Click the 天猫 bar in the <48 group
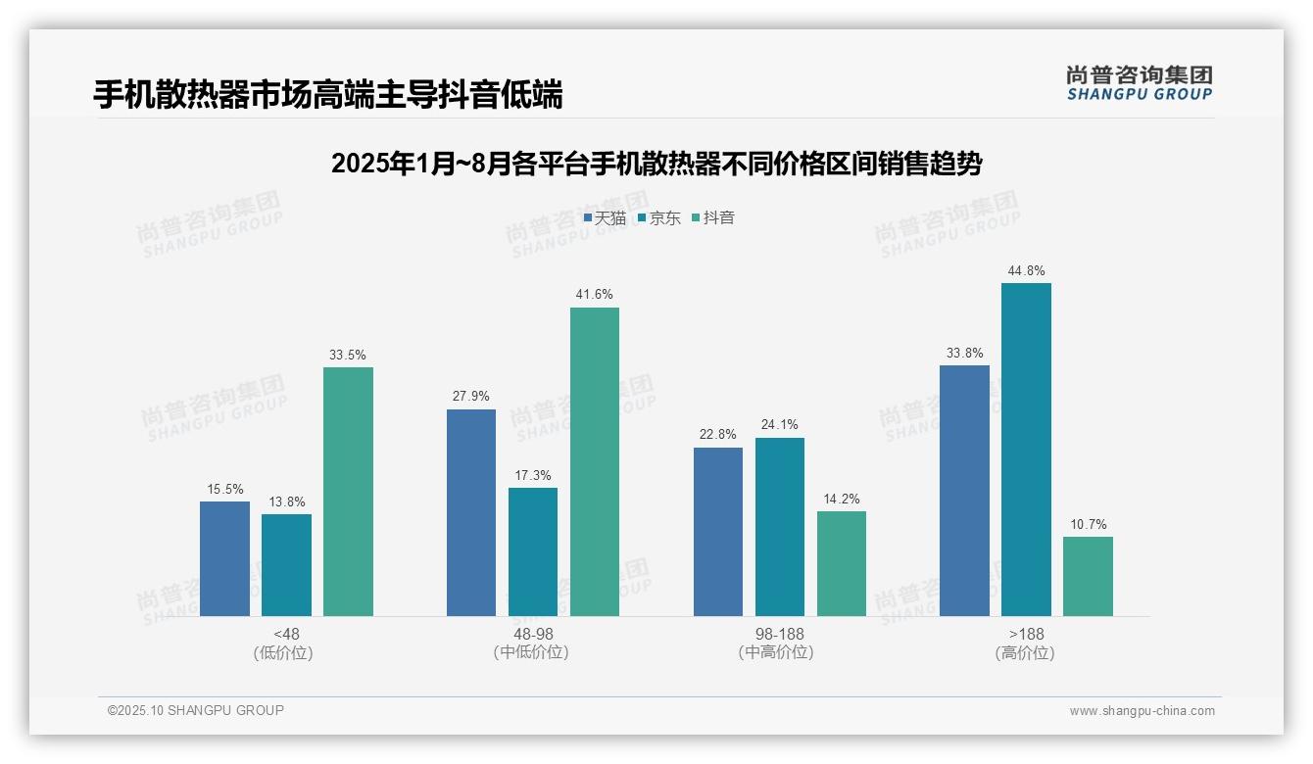coord(224,558)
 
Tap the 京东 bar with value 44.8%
coord(1026,450)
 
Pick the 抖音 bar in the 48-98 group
coord(595,461)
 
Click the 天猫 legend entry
coord(605,218)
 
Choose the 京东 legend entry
coord(659,218)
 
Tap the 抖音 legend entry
coord(713,218)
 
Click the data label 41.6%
coord(595,295)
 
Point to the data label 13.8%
coord(286,501)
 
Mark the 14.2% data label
coord(842,499)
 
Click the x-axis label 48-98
coord(533,635)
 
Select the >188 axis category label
coord(1025,635)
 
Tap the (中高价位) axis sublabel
coord(779,653)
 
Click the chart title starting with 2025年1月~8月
coord(656,164)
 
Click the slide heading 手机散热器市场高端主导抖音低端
coord(328,95)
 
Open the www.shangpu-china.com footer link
coord(1142,711)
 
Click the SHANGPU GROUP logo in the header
coord(1139,83)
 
